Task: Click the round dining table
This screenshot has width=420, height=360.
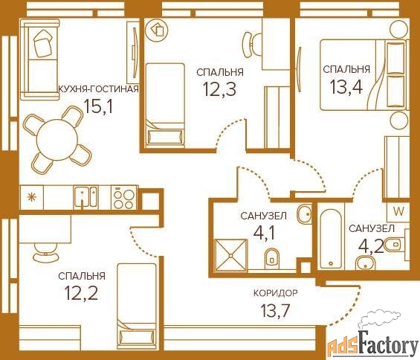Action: (x=57, y=140)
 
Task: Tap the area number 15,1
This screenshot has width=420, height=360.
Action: (x=98, y=106)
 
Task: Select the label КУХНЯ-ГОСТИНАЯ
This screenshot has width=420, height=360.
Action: (x=99, y=89)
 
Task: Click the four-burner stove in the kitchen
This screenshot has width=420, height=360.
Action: (x=124, y=198)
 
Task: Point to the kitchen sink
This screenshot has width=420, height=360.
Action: (x=85, y=197)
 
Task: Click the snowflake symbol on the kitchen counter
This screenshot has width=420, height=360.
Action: (x=32, y=197)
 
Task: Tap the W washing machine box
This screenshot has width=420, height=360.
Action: (x=398, y=211)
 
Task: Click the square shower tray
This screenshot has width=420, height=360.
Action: (x=231, y=255)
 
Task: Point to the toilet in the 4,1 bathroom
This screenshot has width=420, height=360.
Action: (x=271, y=258)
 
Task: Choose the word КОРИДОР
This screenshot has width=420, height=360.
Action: (x=275, y=293)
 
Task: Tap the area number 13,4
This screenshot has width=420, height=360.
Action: (x=346, y=86)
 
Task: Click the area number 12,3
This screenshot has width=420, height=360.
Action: (x=220, y=89)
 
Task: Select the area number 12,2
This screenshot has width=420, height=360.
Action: (x=82, y=293)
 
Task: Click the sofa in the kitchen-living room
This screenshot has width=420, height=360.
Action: (x=39, y=60)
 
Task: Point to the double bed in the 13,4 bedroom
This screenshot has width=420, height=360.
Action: (x=364, y=75)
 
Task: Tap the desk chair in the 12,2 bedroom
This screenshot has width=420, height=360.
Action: (x=45, y=252)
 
